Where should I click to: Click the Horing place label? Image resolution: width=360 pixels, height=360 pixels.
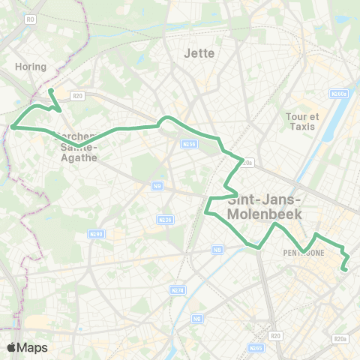(x=31, y=67)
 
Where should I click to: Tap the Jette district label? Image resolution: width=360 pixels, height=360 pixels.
(x=199, y=53)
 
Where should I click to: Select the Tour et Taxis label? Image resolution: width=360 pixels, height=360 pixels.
(x=302, y=122)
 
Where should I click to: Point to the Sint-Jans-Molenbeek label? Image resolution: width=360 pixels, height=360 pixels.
(x=265, y=206)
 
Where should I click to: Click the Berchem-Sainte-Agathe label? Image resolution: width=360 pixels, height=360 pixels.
(x=75, y=142)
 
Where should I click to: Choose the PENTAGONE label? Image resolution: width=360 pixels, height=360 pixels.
(x=304, y=253)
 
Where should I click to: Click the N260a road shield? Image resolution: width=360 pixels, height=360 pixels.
(x=339, y=94)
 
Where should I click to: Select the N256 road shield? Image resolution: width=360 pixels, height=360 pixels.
(x=189, y=144)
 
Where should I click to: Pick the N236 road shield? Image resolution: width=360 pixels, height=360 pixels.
(x=164, y=219)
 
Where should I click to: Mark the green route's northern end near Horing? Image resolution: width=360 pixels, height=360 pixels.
(x=51, y=91)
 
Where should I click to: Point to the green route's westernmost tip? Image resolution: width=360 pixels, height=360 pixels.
(x=13, y=127)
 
